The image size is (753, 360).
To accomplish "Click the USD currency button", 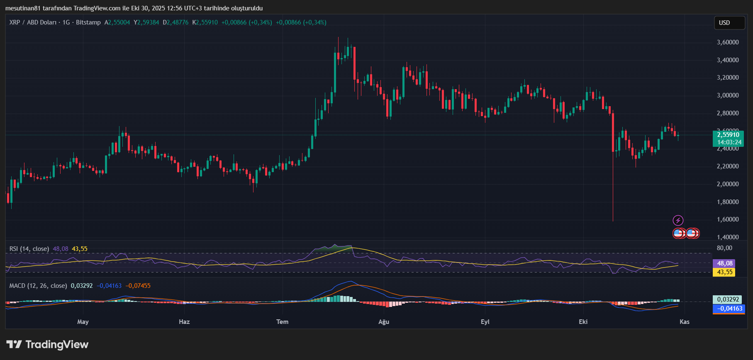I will click(729, 23).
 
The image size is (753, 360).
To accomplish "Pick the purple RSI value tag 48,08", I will click(724, 263).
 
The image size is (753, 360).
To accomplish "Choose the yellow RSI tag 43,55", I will click(724, 272).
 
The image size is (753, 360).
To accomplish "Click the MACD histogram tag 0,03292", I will click(728, 299).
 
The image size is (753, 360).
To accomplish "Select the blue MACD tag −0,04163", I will click(728, 309).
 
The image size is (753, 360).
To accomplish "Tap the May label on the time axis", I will click(83, 322).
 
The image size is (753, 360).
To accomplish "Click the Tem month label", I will click(283, 322).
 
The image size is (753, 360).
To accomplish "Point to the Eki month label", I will click(583, 322).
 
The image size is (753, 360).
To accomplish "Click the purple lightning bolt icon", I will click(678, 220).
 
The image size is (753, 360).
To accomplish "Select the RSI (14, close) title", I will click(29, 249).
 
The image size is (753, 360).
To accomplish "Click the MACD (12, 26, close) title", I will click(38, 286).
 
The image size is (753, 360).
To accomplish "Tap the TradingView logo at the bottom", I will click(47, 345).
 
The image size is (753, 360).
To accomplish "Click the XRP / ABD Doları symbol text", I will click(33, 22).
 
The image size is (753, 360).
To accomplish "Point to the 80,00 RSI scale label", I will click(724, 248).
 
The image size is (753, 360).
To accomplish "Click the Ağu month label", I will click(384, 322).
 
